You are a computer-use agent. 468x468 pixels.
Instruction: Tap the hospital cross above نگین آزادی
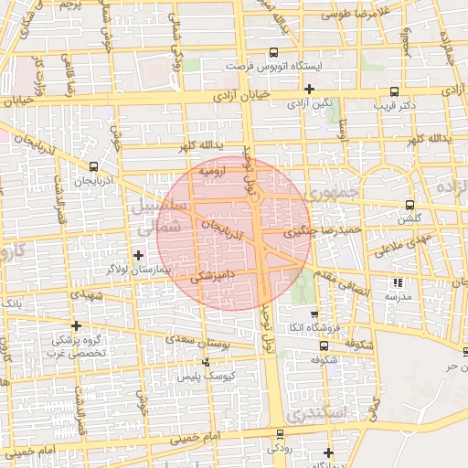point(310,89)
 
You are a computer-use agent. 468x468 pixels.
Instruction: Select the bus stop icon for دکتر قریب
point(394,91)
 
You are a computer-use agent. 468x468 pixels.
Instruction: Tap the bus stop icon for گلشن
point(408,206)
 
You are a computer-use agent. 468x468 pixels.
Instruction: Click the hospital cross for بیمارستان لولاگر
point(138,255)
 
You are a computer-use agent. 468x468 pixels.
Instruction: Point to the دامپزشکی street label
point(214,274)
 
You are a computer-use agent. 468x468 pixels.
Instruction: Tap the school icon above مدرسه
point(397,282)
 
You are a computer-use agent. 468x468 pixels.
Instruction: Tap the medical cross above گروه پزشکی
point(76,325)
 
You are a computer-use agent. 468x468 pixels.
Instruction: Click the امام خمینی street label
point(36,452)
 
